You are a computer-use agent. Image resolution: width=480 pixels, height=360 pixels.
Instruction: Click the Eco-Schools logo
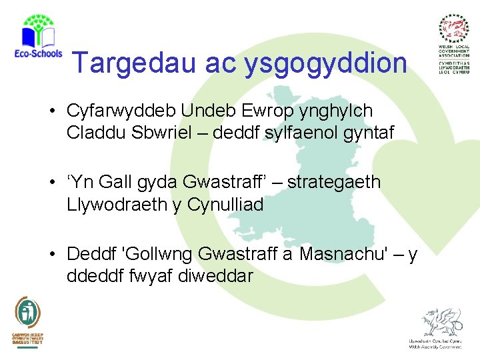pos(38,40)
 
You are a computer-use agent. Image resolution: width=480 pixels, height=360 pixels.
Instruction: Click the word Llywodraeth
pos(117,204)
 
